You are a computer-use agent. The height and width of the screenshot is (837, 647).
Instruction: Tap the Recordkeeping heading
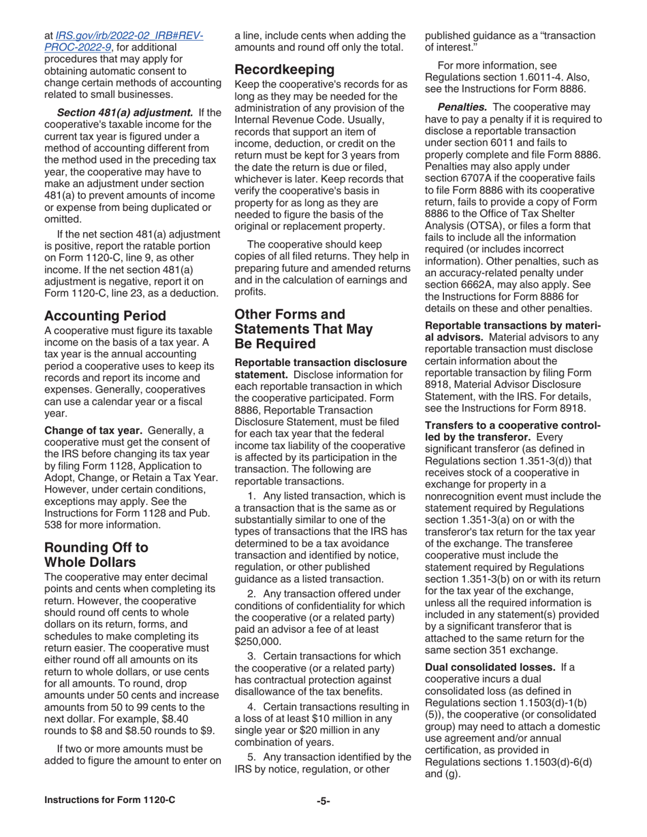(x=286, y=69)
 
